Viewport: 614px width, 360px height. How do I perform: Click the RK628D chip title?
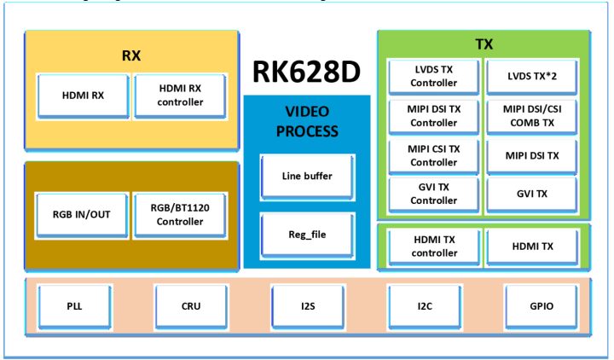[307, 73]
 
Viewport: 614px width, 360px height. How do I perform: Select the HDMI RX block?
[84, 96]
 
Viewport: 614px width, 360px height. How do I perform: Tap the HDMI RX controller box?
[180, 96]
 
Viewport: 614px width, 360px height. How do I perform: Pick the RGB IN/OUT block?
[84, 215]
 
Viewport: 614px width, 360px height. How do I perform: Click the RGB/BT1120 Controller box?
[180, 215]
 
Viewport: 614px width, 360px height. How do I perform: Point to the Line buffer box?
[306, 176]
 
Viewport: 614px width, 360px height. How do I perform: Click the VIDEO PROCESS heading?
[306, 121]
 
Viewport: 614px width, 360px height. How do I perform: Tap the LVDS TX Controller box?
[433, 77]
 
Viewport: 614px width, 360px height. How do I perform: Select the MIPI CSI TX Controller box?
[433, 155]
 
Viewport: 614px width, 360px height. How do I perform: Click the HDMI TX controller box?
[433, 247]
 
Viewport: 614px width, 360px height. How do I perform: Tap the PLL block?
[74, 305]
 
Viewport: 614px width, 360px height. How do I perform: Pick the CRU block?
[190, 305]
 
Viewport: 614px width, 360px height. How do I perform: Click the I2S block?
[306, 305]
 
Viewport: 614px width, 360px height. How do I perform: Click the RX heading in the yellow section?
[130, 55]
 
